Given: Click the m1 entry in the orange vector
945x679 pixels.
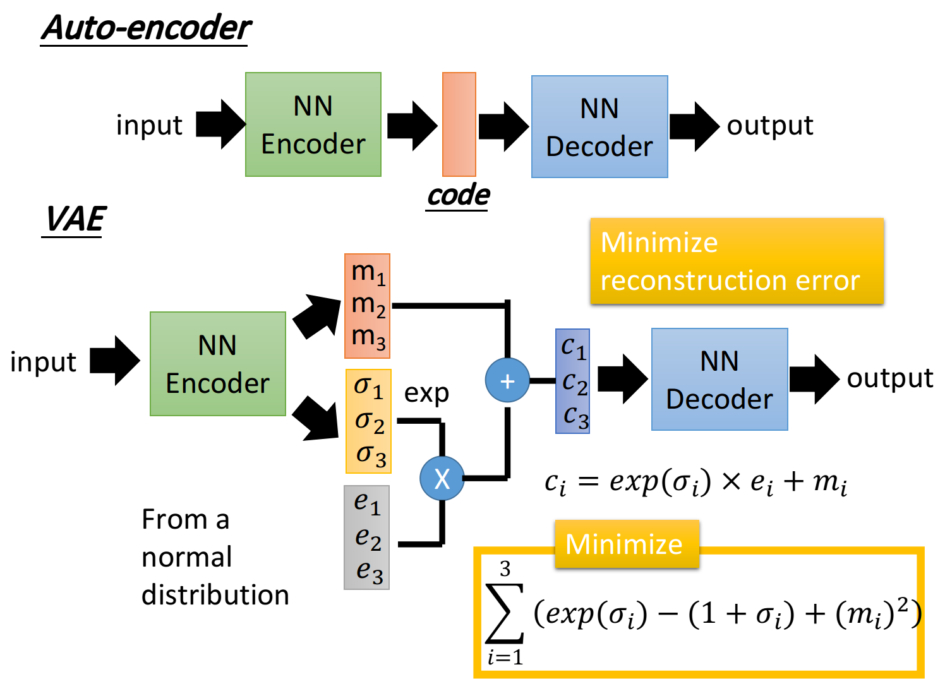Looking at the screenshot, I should (368, 272).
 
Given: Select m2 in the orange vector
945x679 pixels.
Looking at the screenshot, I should (368, 304).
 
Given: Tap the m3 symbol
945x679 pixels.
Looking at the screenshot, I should (368, 337).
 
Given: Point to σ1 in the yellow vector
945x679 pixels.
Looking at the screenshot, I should (369, 387).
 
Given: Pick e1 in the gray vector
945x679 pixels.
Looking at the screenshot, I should (367, 503).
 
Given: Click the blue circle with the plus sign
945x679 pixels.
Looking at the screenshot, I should (507, 380).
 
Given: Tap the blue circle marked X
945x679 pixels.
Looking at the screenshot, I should (442, 478).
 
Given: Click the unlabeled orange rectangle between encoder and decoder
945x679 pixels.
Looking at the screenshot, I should (459, 124).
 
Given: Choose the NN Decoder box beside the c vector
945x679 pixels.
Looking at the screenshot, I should (719, 380).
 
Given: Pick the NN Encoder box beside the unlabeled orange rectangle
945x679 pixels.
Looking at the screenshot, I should (313, 124).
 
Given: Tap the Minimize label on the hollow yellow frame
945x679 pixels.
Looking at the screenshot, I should (624, 544).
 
